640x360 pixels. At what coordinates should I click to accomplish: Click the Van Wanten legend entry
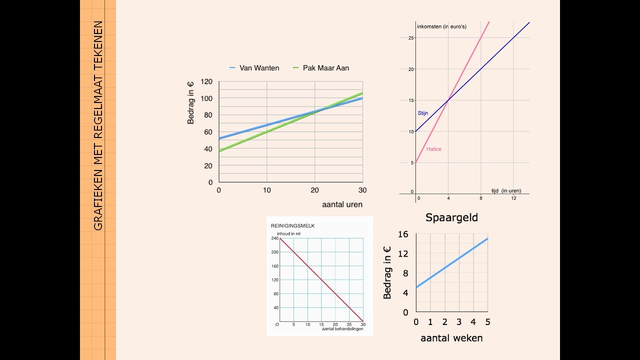point(254,68)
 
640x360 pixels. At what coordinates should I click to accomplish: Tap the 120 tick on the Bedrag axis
point(206,81)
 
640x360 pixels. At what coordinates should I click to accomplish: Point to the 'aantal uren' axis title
point(342,204)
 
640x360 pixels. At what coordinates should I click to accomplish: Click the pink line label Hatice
point(434,149)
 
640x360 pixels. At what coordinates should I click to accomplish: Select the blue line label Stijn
point(423,113)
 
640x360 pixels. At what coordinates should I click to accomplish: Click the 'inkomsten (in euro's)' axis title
point(441,26)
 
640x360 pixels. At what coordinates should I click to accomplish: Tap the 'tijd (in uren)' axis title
point(506,190)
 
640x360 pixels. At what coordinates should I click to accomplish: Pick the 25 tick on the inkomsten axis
point(411,38)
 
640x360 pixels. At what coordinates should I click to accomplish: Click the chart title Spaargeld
point(451,217)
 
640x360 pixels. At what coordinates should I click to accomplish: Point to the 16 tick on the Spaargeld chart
point(403,234)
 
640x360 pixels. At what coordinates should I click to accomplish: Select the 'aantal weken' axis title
point(451,338)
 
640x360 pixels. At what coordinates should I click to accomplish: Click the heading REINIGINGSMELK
point(293,226)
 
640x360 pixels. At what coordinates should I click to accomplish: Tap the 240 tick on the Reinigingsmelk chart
point(274,238)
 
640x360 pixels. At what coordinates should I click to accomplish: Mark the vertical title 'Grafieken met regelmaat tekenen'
point(98,125)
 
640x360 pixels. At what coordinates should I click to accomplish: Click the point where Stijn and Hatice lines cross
point(448,100)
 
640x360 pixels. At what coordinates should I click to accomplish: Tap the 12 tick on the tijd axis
point(513,198)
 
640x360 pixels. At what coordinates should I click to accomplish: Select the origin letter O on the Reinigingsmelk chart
point(277,324)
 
